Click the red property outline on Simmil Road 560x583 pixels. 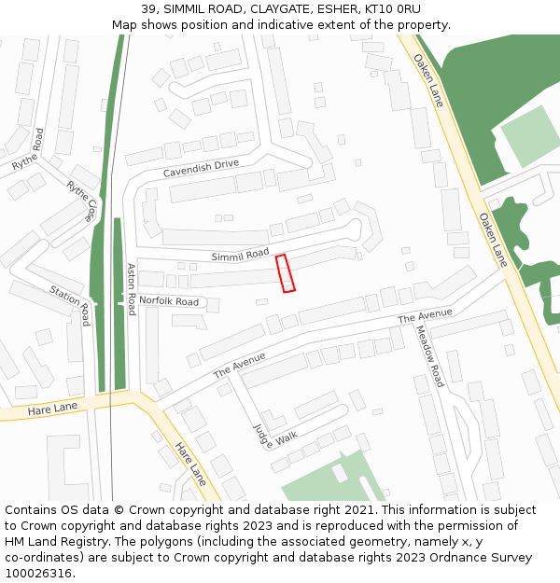[286, 273]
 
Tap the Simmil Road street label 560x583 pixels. [240, 255]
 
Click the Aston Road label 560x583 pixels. [132, 289]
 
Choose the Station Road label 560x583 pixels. [71, 304]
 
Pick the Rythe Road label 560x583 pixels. [28, 149]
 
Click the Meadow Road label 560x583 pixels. [429, 356]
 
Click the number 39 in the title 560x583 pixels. [149, 8]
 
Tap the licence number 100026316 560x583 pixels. [38, 573]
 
